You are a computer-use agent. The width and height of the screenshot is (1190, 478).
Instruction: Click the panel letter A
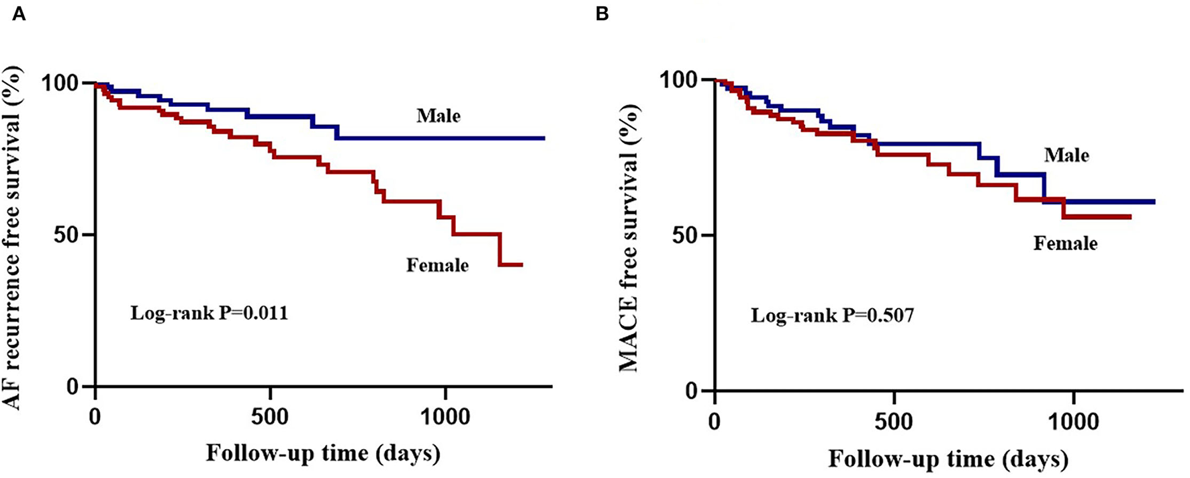point(19,14)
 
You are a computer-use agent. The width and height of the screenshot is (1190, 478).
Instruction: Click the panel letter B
point(602,14)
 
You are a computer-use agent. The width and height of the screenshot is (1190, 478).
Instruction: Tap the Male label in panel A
point(439,116)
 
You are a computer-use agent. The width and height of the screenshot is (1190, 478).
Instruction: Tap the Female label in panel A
point(437,266)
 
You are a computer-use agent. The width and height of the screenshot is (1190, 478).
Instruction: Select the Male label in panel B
point(1066,156)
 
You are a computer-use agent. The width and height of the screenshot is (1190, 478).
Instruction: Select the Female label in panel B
point(1065,243)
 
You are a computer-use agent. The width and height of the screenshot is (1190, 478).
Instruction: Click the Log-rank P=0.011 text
point(209,313)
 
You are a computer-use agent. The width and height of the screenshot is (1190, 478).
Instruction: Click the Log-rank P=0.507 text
point(832,315)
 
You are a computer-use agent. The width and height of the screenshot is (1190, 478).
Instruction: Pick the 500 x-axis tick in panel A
point(270,417)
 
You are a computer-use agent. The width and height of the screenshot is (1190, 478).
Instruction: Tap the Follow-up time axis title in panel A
point(323,453)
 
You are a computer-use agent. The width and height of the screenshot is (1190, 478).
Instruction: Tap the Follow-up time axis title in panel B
point(948,459)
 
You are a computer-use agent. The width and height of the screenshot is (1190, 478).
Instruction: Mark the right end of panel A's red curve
point(521,265)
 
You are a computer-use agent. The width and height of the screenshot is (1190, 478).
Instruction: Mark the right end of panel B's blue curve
point(1154,202)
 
